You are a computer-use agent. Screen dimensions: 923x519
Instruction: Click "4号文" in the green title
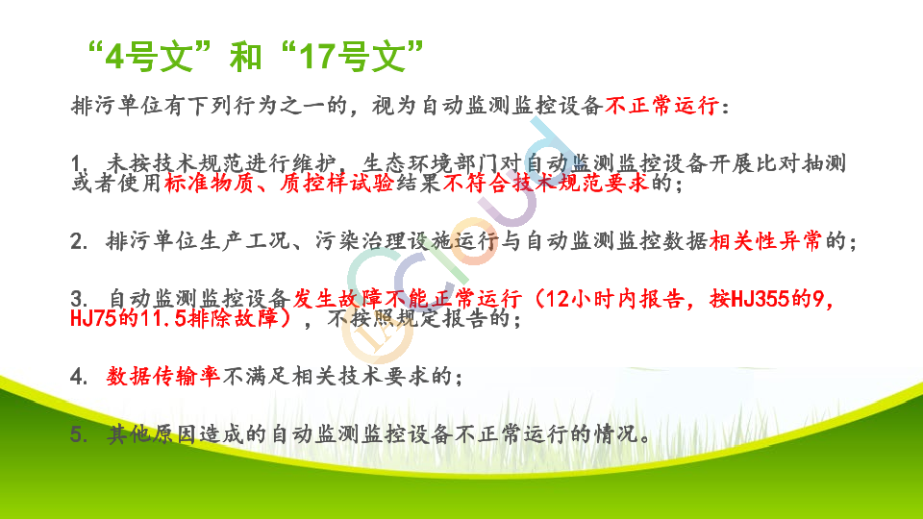click(x=149, y=57)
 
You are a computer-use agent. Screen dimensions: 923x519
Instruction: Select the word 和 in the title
click(x=245, y=57)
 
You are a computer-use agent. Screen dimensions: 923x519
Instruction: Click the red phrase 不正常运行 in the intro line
click(x=661, y=106)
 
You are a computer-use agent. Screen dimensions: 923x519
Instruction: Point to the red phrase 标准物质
click(x=210, y=183)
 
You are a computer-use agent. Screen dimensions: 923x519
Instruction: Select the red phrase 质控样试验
click(x=337, y=183)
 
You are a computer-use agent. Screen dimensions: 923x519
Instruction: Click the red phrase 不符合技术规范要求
click(x=545, y=183)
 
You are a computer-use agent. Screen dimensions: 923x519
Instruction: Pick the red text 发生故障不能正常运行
click(x=408, y=299)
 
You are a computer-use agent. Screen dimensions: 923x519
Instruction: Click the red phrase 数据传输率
click(x=163, y=376)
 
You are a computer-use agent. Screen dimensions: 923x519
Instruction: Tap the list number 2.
click(x=77, y=241)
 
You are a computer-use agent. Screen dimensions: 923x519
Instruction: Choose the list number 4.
click(x=77, y=377)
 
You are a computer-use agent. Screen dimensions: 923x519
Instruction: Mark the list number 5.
click(x=77, y=434)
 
